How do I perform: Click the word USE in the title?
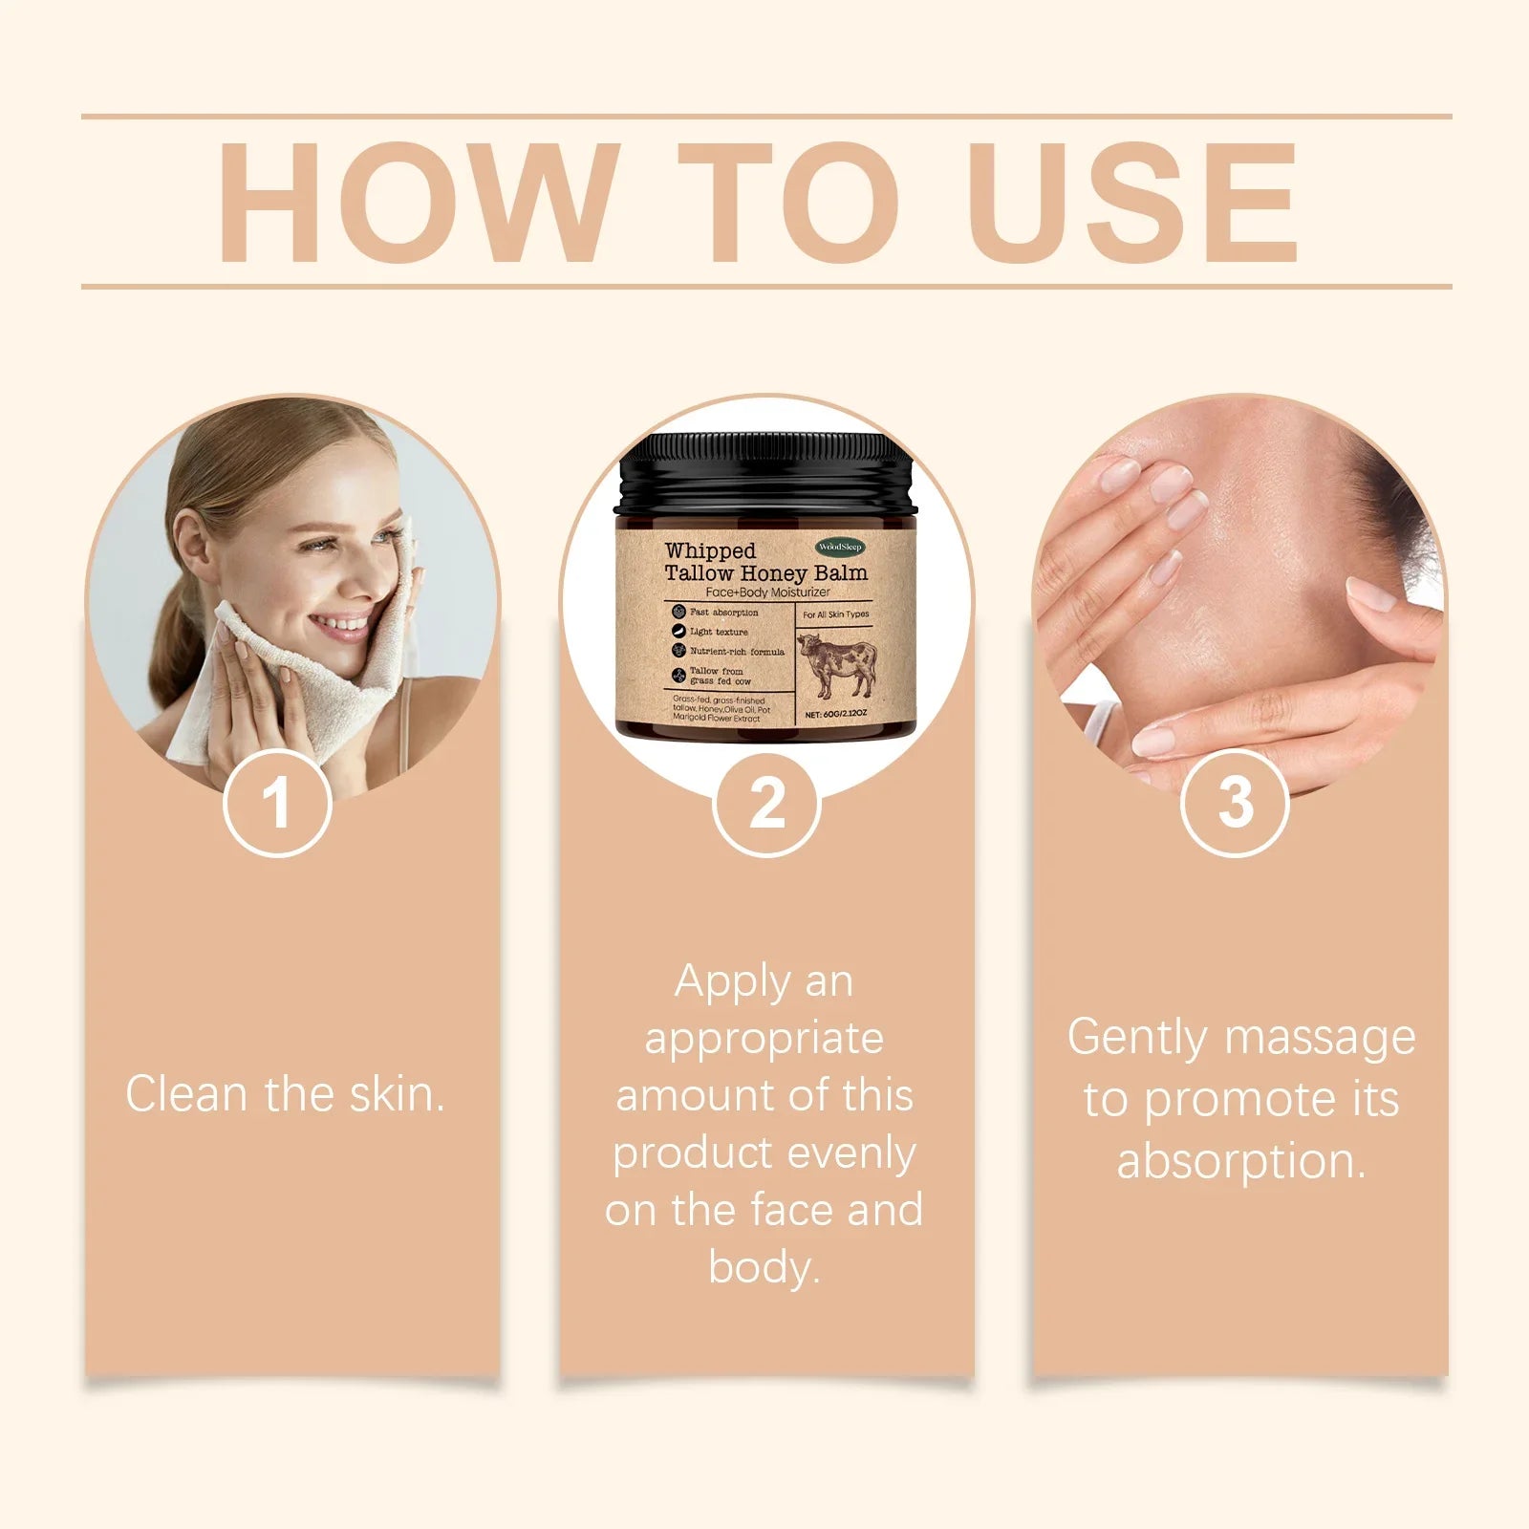tap(1135, 203)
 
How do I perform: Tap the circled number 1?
tap(277, 803)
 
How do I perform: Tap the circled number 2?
tap(766, 803)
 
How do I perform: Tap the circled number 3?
tap(1236, 803)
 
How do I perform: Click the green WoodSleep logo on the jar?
tap(840, 547)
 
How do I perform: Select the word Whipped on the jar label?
tap(710, 551)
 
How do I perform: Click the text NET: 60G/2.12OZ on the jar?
tap(835, 714)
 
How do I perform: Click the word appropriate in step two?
tap(764, 1039)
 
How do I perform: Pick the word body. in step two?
tap(764, 1268)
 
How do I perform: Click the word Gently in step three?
tap(1137, 1039)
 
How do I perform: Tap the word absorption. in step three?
tap(1241, 1162)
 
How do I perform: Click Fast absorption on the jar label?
tap(723, 613)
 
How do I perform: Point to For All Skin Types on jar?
tap(835, 614)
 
